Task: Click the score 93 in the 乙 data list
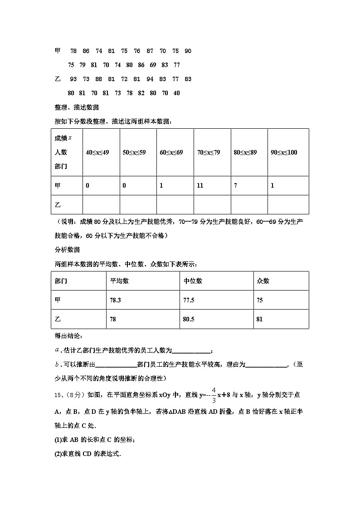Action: (73, 79)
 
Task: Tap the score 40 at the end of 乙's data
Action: (177, 93)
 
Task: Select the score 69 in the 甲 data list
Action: (153, 65)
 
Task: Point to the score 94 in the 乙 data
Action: (150, 79)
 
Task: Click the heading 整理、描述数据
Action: (77, 108)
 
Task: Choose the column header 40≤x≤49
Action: (97, 153)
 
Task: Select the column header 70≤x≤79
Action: (209, 153)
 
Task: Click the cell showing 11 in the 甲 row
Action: (200, 186)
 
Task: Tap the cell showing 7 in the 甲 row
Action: (235, 186)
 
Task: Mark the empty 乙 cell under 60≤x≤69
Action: (175, 205)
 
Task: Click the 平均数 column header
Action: (119, 281)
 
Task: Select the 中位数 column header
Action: (193, 281)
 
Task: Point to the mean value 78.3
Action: (116, 301)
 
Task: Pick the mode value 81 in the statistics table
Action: (259, 320)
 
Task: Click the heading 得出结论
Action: (68, 336)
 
